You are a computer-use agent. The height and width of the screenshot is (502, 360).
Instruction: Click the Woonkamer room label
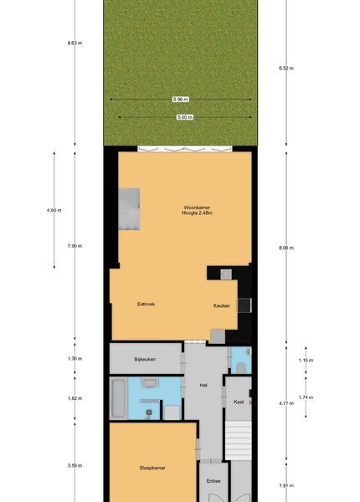197,207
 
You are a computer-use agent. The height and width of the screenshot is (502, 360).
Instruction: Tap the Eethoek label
146,305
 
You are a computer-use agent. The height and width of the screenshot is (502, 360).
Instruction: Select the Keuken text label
222,305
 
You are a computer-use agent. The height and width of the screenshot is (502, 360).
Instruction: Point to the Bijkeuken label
145,359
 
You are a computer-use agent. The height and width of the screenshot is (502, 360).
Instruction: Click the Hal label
203,385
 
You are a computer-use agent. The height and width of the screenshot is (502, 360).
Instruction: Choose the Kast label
239,402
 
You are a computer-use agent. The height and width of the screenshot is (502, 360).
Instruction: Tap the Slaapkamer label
152,468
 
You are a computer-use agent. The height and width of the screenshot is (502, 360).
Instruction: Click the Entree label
213,481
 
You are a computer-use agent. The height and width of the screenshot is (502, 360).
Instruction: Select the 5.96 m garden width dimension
181,100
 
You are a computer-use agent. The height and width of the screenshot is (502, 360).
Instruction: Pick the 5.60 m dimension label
185,117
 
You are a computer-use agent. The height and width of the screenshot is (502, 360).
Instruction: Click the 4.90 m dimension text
54,210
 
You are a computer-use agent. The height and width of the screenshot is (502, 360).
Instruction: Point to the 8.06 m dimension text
286,248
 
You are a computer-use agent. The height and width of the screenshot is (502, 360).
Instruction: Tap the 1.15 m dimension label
306,360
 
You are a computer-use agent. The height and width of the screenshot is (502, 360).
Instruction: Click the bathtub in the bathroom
119,398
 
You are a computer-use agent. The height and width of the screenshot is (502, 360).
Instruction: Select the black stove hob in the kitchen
244,305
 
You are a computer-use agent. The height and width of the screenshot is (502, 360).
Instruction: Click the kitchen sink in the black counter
226,274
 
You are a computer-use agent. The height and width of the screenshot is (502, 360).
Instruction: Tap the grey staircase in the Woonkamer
129,208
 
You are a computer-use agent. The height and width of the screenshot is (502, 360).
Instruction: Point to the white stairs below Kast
239,441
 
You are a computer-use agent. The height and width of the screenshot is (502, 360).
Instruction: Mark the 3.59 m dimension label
75,465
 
